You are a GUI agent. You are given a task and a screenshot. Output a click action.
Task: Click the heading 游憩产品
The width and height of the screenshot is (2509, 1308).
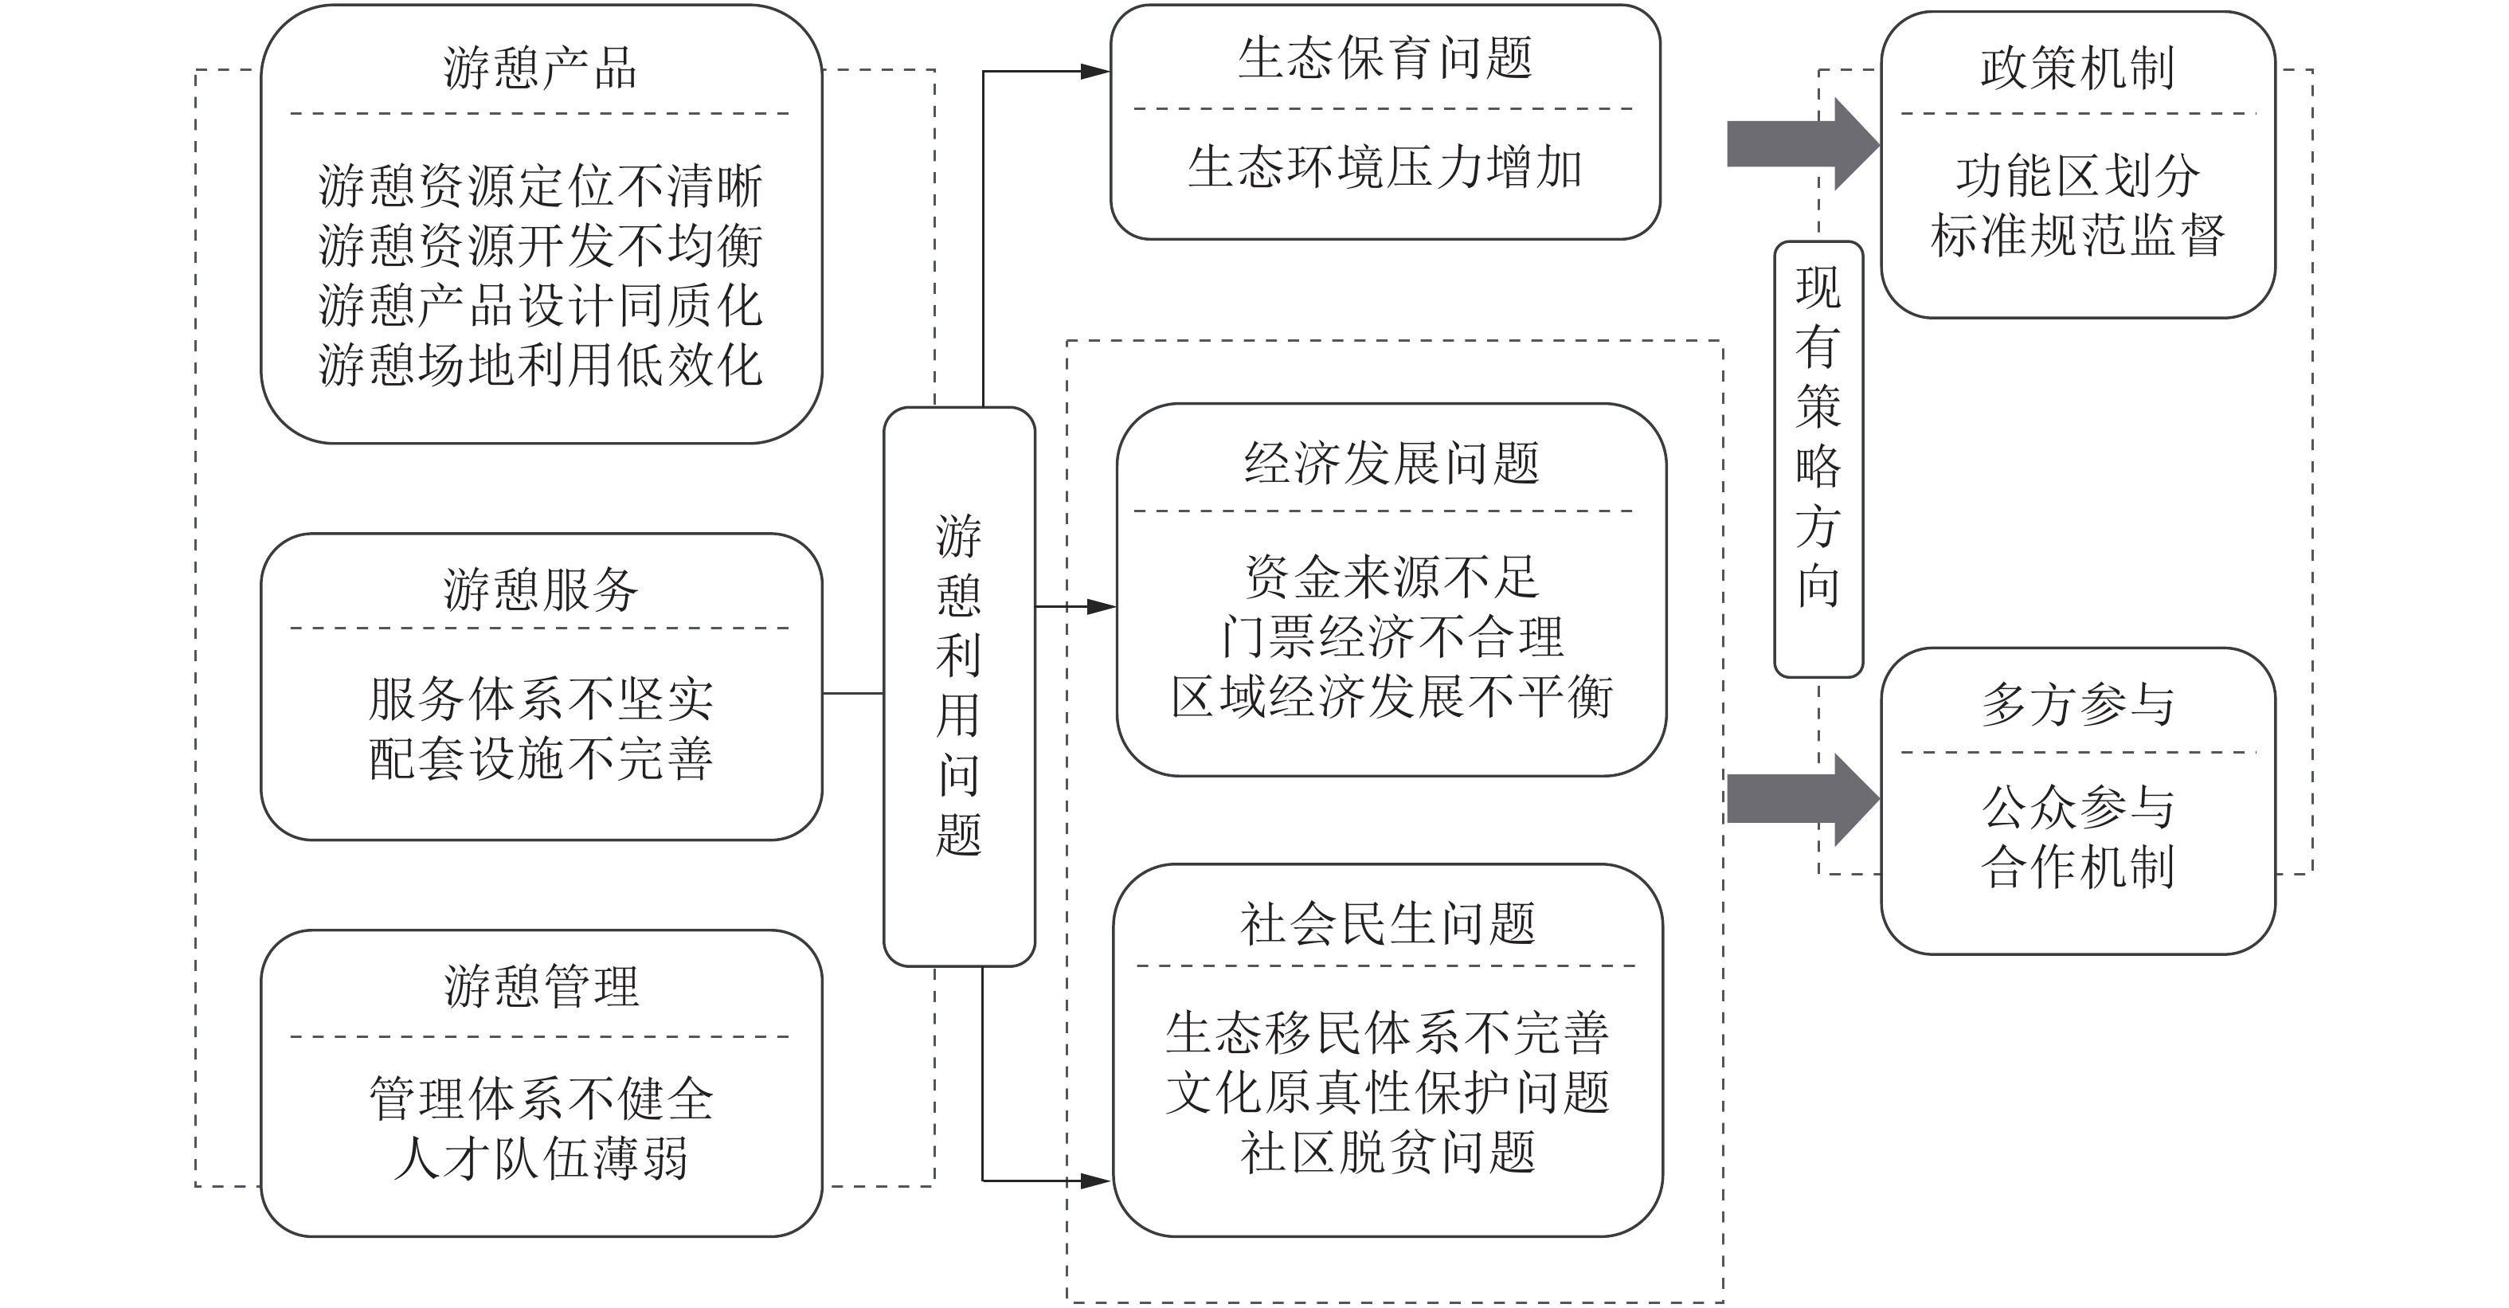click(x=541, y=69)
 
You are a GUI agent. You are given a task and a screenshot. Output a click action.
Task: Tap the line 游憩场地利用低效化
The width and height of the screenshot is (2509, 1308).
click(x=541, y=365)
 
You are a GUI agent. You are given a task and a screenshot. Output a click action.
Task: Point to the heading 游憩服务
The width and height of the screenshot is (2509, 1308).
click(x=541, y=589)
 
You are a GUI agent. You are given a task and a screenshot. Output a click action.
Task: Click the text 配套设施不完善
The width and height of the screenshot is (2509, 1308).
click(x=541, y=758)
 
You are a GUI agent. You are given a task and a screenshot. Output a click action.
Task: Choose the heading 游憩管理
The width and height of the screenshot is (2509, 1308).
click(x=541, y=987)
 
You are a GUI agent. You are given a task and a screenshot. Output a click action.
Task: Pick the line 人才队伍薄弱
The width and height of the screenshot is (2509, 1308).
click(x=541, y=1159)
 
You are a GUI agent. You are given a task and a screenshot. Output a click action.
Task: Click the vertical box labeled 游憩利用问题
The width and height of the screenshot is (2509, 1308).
click(x=958, y=687)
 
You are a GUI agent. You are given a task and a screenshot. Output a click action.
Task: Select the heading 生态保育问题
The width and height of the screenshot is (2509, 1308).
click(x=1385, y=58)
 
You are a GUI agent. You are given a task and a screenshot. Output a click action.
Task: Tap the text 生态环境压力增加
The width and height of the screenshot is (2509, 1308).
click(x=1385, y=167)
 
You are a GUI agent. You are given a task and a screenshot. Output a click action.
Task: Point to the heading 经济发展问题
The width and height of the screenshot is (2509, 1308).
click(x=1391, y=464)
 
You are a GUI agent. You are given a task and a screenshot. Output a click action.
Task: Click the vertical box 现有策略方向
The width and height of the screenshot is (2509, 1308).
click(x=1818, y=458)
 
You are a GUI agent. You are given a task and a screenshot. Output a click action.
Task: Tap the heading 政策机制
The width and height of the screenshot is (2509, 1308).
click(x=2076, y=69)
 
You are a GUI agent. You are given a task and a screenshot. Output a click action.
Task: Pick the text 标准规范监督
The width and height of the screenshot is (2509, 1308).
click(x=2076, y=236)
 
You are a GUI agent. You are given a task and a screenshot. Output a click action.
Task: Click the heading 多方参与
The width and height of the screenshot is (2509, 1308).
click(x=2076, y=704)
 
